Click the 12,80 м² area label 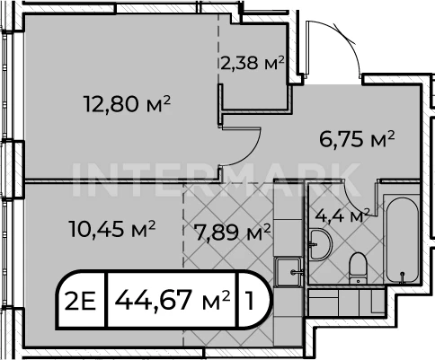click(x=128, y=104)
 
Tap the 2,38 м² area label click(x=253, y=63)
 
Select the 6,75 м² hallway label click(x=357, y=139)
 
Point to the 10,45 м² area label click(x=112, y=229)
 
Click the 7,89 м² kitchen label click(x=232, y=233)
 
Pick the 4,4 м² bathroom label click(x=342, y=215)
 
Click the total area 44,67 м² click(x=173, y=300)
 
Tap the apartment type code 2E click(x=80, y=300)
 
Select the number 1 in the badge click(x=249, y=300)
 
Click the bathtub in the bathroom click(x=402, y=240)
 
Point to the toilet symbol click(x=358, y=268)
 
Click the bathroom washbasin click(x=320, y=244)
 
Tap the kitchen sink click(x=289, y=272)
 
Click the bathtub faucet click(x=402, y=277)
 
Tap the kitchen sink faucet click(x=297, y=272)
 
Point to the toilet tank click(x=358, y=281)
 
